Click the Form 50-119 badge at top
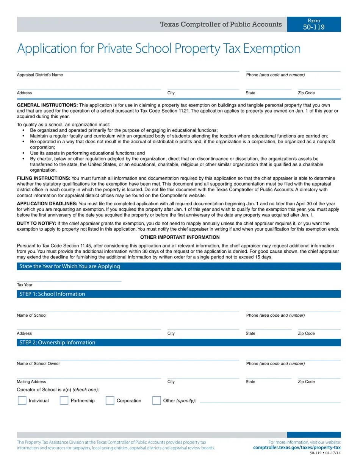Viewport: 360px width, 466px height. click(x=314, y=24)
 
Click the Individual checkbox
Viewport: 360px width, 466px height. click(x=22, y=400)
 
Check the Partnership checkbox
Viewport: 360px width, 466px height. click(x=64, y=400)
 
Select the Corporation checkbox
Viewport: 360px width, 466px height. click(x=110, y=400)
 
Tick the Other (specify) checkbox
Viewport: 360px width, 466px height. click(x=157, y=400)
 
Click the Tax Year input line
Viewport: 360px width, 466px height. click(x=69, y=278)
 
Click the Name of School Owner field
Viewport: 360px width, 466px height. click(x=128, y=357)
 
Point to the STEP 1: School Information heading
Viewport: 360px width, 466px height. click(x=52, y=294)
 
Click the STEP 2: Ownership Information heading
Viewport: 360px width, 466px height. click(x=57, y=342)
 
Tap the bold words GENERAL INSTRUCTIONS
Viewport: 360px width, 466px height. click(x=47, y=105)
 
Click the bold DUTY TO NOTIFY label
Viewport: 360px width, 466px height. click(x=36, y=224)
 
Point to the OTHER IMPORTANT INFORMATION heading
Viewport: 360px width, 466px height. click(x=180, y=237)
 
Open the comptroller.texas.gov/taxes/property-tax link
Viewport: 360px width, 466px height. click(x=297, y=447)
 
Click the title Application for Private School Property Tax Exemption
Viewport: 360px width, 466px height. click(x=159, y=48)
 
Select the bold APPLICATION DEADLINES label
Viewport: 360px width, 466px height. click(x=47, y=203)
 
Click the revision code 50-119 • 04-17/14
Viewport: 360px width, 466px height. click(x=325, y=453)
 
